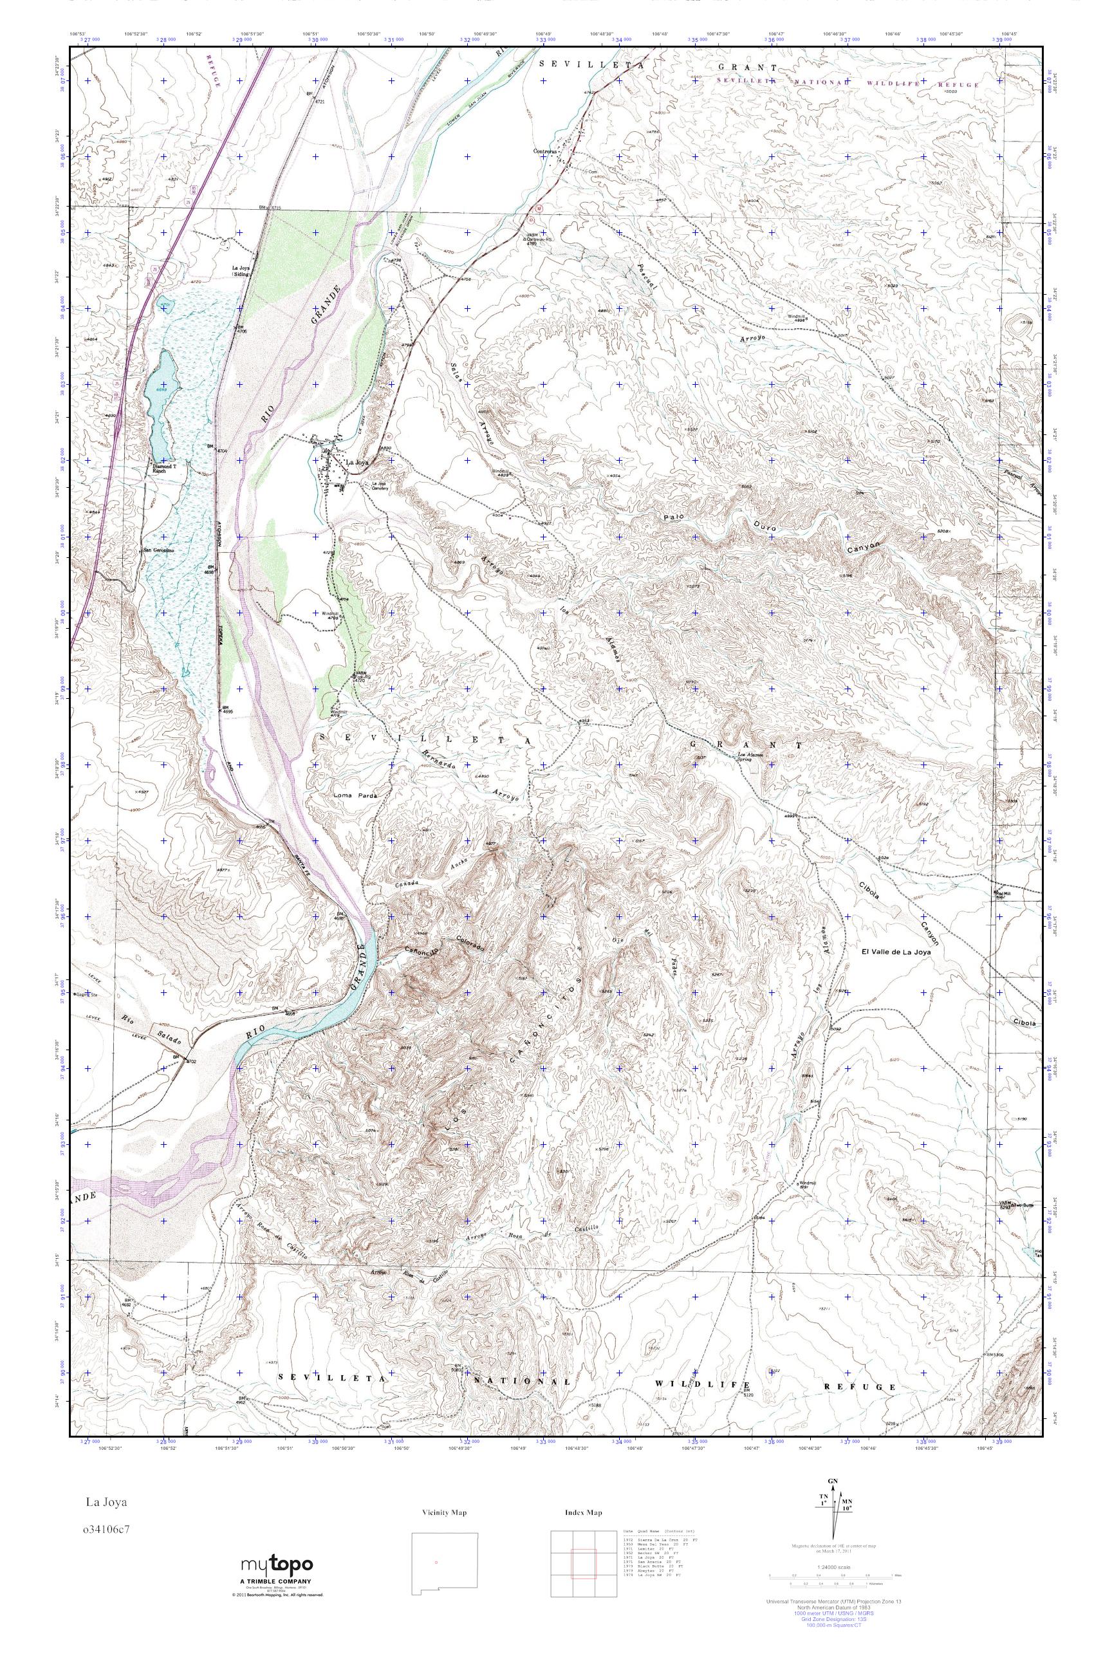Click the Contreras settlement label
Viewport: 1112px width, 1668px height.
(x=548, y=151)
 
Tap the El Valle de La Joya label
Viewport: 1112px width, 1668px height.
(x=896, y=952)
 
